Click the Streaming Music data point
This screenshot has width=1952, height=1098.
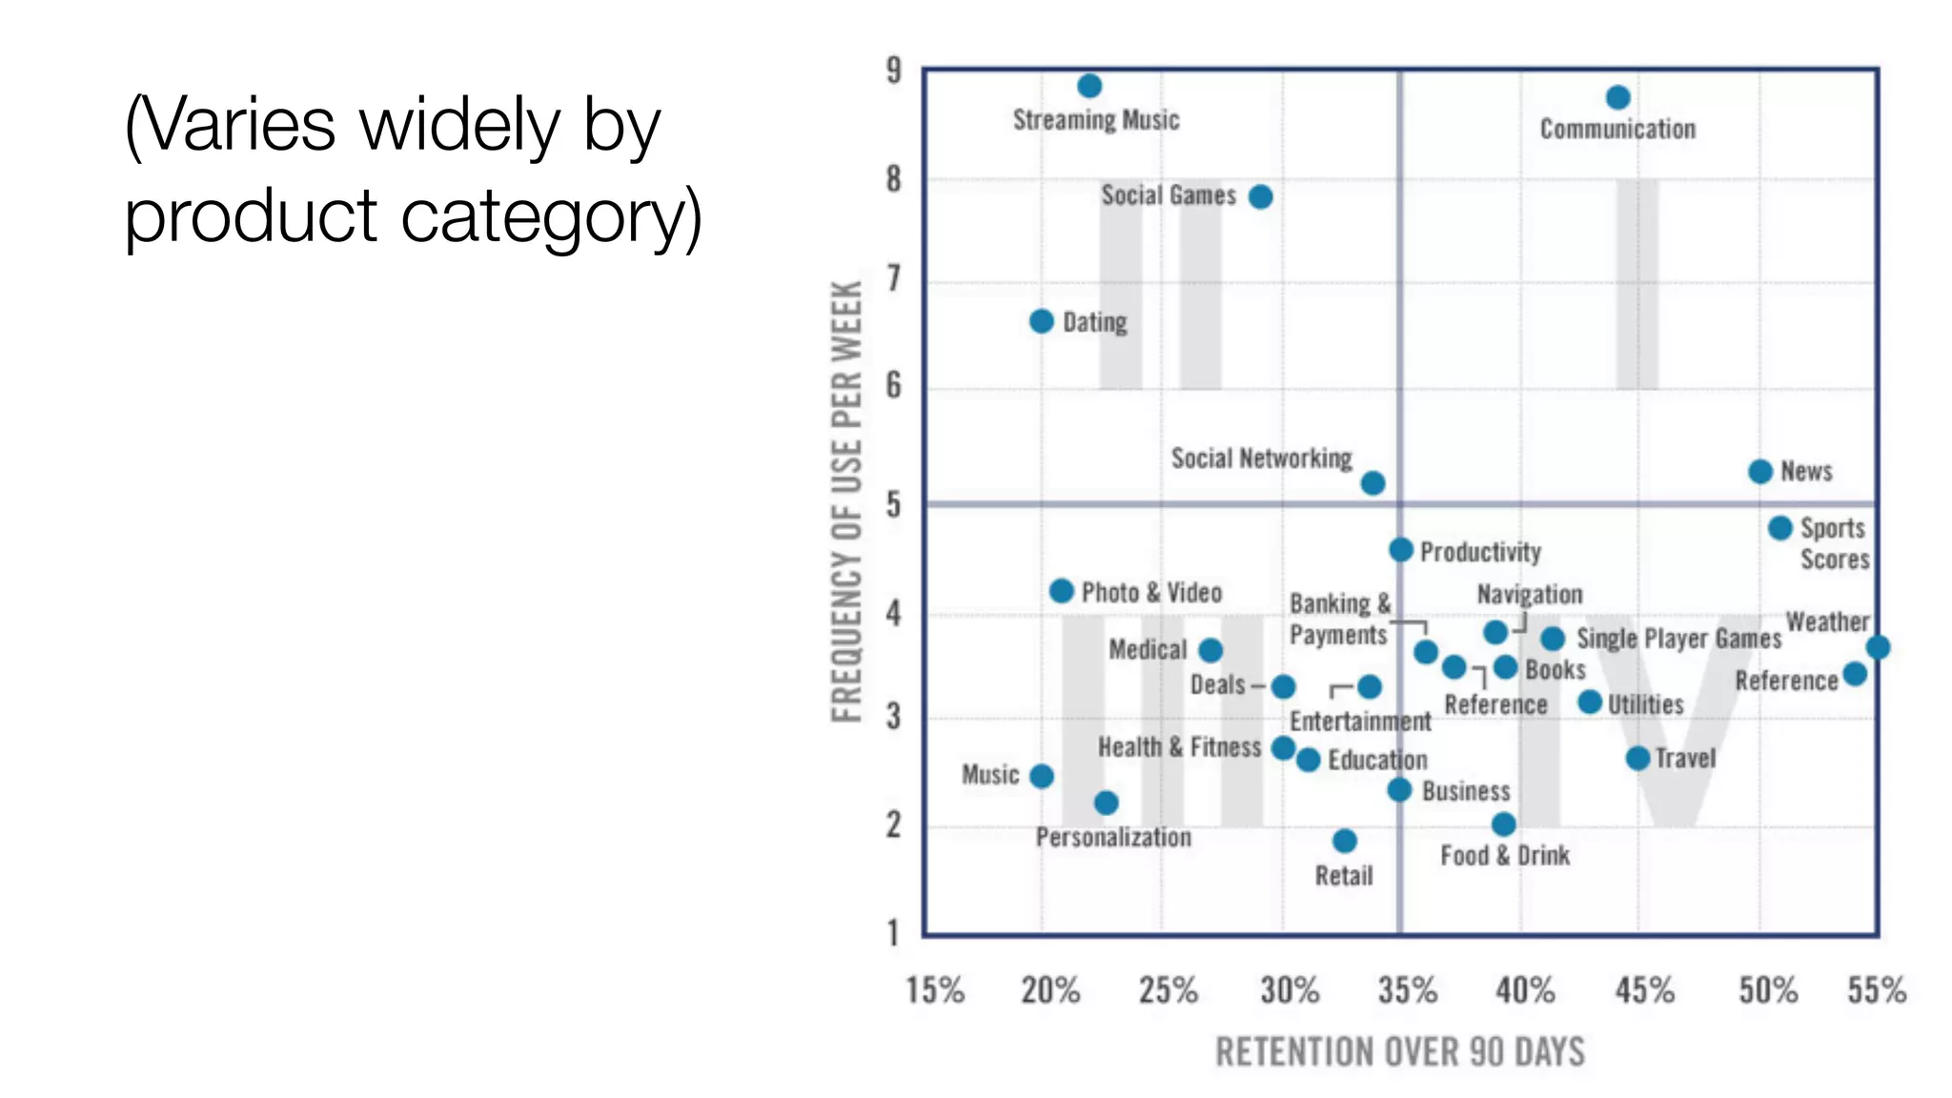tap(1089, 86)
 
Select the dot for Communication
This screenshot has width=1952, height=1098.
tap(1617, 97)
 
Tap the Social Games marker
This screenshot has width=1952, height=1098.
tap(1260, 197)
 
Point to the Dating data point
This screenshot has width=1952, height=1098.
tap(1042, 321)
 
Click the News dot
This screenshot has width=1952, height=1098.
tap(1760, 472)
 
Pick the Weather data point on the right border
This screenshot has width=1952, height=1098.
tap(1878, 648)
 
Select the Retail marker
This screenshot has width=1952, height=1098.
tap(1345, 841)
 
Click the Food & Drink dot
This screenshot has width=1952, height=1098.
tap(1503, 824)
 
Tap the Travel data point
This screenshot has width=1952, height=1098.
tap(1637, 759)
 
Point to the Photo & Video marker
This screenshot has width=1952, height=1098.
tap(1061, 591)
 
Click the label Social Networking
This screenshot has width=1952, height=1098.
tap(1261, 458)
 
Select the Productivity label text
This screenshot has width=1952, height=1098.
tap(1480, 552)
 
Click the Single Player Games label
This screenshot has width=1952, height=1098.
tap(1678, 639)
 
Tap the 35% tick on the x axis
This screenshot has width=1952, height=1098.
tap(1407, 990)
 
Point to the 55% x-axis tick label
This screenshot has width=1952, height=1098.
tap(1876, 990)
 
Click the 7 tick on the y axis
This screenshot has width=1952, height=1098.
tap(893, 279)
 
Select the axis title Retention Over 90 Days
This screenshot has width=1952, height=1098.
tap(1399, 1052)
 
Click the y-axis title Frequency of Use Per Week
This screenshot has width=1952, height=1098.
tap(846, 501)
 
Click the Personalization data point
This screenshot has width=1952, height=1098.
tap(1106, 803)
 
